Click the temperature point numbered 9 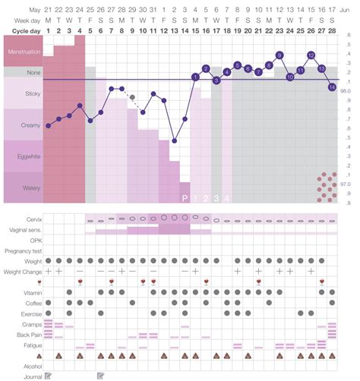pos(279,55)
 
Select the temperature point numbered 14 pos(332,87)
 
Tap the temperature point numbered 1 pos(195,77)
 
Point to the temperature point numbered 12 pos(311,55)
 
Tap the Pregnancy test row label pos(21,250)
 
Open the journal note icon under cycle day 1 pos(48,375)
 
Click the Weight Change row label pos(22,271)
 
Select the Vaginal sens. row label pos(24,230)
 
